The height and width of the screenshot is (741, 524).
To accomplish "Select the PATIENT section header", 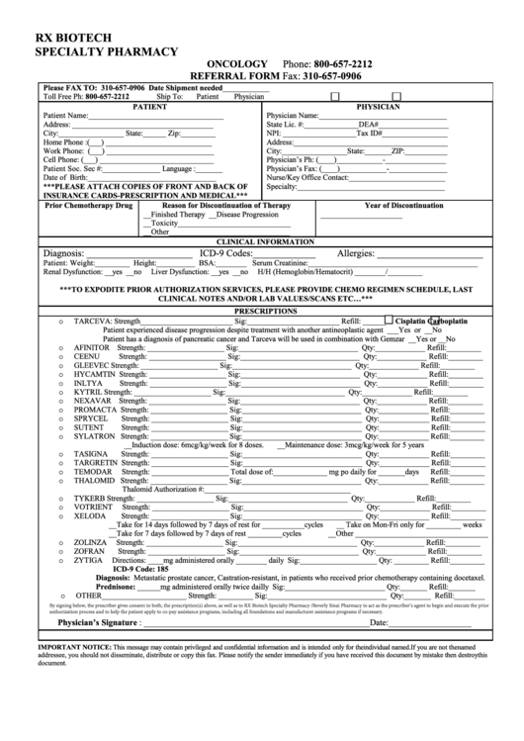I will click(x=150, y=105).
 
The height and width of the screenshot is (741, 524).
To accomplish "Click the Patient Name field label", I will click(x=65, y=116).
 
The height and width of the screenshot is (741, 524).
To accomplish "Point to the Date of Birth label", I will click(x=64, y=177).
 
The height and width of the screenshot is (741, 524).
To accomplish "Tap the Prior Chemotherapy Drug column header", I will click(x=89, y=205).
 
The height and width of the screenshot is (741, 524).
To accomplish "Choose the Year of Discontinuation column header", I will click(x=404, y=205).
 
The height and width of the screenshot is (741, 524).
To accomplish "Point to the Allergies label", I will click(x=363, y=253).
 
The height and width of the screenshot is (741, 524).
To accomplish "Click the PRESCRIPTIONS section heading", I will click(x=264, y=310).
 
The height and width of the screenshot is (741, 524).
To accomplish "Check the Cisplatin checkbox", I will click(x=389, y=322).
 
